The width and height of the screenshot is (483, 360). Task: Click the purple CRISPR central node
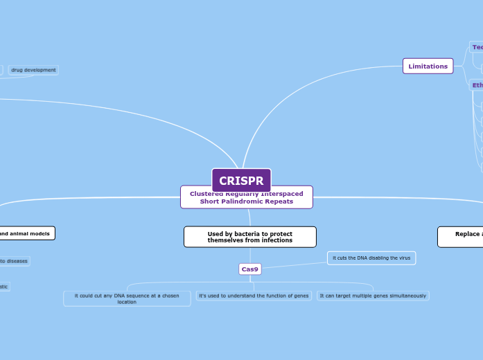(241, 181)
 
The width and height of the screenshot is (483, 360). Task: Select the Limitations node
(428, 66)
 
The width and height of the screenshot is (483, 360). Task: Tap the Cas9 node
(249, 269)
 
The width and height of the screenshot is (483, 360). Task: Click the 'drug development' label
(33, 70)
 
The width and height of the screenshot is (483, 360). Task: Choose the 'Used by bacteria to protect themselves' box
(249, 237)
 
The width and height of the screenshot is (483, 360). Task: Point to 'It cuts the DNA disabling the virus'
(371, 258)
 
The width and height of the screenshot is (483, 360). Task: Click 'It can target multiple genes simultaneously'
(373, 296)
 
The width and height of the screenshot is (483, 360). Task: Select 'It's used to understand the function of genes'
(254, 296)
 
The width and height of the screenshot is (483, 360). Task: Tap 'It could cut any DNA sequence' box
(127, 298)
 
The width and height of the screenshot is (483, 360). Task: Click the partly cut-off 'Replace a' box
(461, 237)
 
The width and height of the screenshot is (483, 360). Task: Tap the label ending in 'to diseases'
(14, 261)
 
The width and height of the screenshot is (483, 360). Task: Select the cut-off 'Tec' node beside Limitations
(477, 47)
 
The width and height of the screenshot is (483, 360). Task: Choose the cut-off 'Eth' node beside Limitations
(477, 85)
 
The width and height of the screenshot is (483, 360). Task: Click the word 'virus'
(404, 258)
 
